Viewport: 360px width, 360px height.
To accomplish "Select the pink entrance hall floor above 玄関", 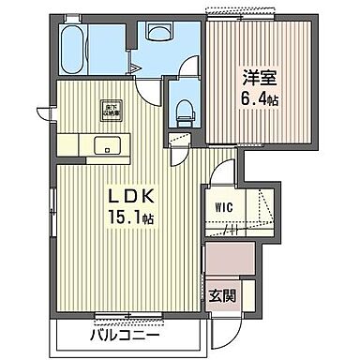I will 230,260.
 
